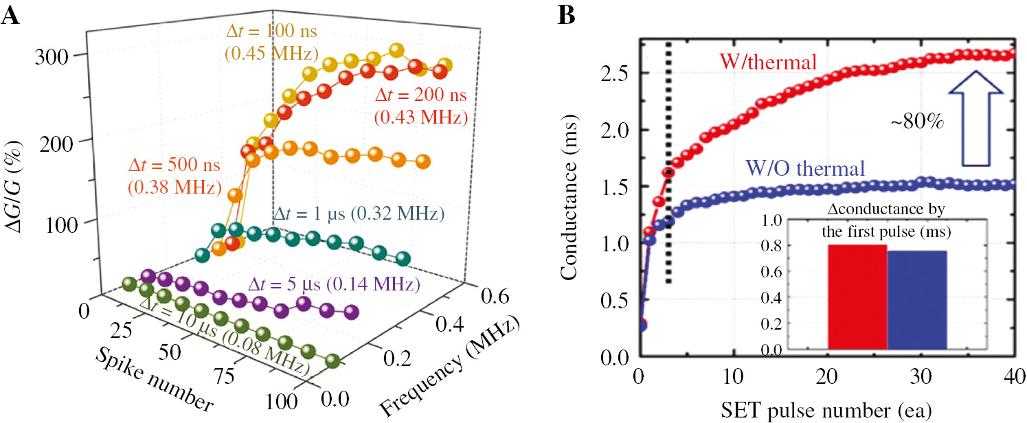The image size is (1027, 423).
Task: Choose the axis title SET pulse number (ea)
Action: tap(826, 410)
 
